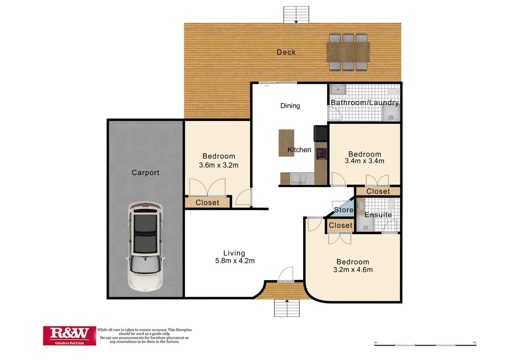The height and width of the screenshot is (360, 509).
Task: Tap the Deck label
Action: click(286, 52)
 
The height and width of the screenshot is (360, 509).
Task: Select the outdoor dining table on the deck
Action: click(348, 52)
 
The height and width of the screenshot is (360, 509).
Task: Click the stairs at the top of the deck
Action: click(296, 15)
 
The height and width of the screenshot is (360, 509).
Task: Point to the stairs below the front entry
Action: click(287, 308)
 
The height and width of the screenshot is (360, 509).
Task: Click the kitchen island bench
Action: click(286, 143)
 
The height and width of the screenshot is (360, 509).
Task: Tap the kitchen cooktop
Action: click(321, 154)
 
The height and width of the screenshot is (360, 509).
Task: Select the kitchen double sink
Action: click(298, 179)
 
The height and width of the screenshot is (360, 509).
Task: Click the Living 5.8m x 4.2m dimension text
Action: click(235, 261)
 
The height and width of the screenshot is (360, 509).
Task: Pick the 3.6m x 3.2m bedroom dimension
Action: click(219, 165)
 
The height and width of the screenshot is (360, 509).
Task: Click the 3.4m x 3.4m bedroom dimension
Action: click(364, 161)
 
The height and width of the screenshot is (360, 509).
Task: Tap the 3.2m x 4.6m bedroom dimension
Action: click(353, 270)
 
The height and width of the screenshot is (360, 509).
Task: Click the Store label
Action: click(343, 210)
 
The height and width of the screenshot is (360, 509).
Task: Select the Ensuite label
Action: click(378, 215)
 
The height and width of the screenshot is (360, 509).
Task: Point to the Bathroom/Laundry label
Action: click(365, 103)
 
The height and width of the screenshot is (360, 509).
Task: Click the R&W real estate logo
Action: click(69, 335)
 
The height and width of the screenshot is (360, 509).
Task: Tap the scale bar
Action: click(425, 345)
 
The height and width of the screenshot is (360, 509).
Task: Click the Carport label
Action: click(145, 173)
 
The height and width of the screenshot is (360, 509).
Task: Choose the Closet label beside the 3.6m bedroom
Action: click(207, 202)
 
